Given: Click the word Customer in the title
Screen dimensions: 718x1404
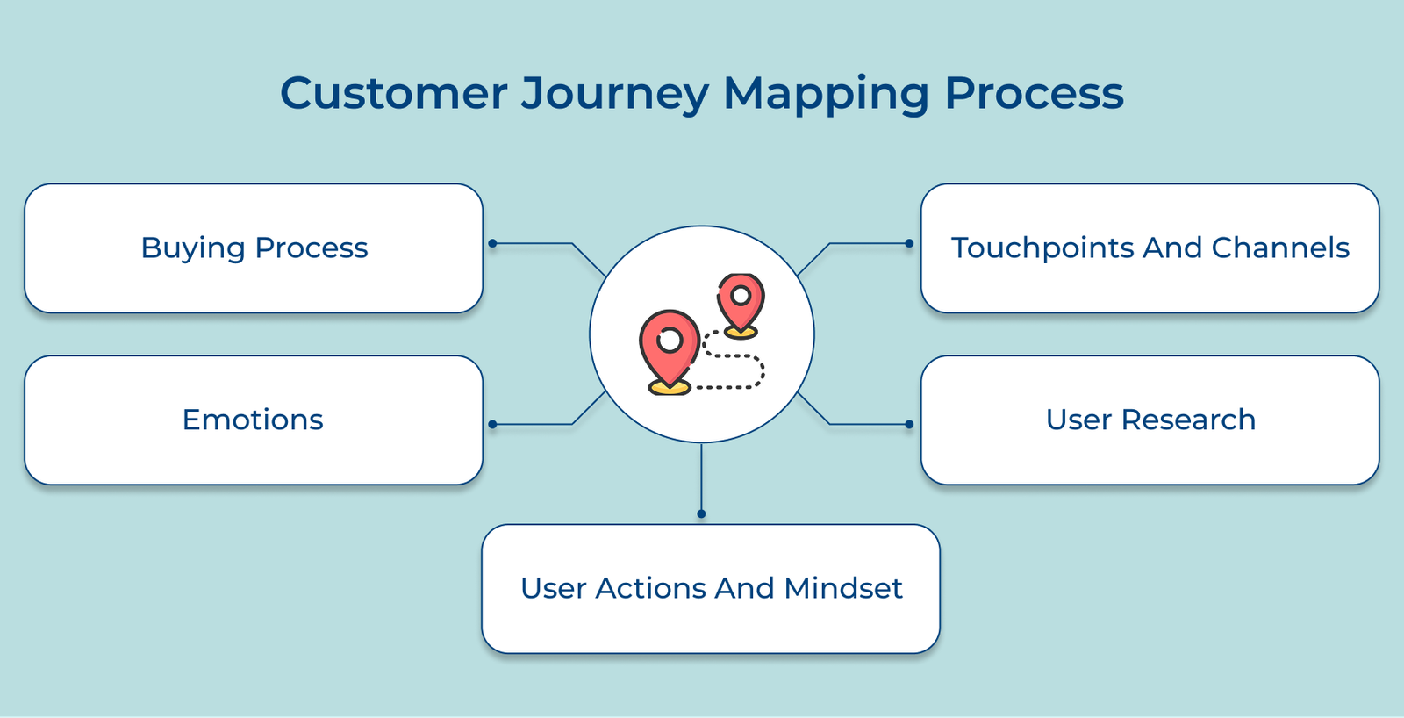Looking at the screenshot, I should pos(393,93).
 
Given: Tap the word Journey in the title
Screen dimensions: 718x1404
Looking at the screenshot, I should pos(614,95).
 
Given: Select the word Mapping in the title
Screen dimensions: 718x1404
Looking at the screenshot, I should pos(825,95).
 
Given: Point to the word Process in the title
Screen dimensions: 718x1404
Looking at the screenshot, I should pos(1034,93).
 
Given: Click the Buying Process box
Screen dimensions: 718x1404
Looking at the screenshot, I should pos(254,248).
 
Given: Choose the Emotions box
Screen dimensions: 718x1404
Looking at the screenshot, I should pos(254,420).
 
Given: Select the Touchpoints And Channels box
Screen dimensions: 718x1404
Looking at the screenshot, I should pos(1150,248).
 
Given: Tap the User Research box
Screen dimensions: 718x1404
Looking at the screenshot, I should pos(1150,420).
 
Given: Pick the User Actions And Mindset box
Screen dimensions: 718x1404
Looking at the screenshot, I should pos(711,589).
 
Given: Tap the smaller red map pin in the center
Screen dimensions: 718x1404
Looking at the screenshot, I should pos(741,300).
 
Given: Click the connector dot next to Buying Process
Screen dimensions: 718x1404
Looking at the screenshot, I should pos(493,243).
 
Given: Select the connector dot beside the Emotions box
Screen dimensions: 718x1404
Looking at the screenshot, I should pos(493,425).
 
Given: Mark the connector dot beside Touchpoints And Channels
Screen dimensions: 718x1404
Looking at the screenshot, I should pos(909,243).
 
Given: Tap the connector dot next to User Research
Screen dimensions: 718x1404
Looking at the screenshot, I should pos(909,425).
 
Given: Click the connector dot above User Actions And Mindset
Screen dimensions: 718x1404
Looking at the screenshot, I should pos(701,513).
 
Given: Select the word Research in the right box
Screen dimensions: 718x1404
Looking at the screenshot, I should pos(1188,420).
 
